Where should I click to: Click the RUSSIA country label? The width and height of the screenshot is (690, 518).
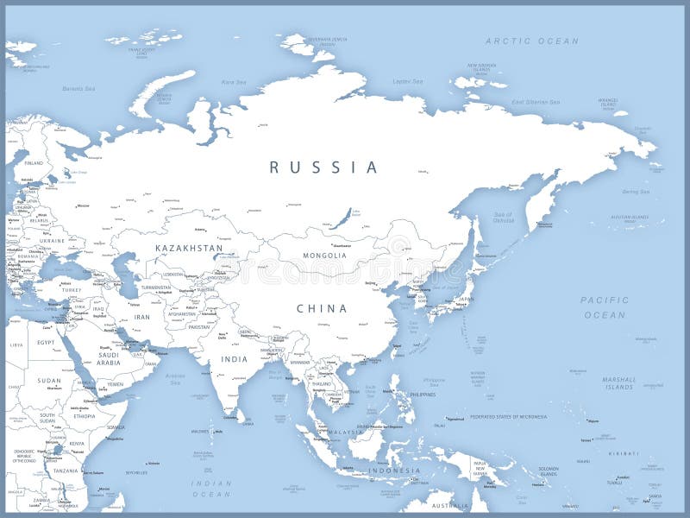323,167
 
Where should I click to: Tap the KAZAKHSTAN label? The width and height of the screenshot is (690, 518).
189,248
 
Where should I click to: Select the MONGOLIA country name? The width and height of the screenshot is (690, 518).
324,256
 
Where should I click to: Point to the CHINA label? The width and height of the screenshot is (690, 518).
322,308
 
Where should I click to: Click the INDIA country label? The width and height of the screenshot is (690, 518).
234,359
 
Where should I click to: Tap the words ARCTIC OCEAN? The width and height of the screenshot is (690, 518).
532,41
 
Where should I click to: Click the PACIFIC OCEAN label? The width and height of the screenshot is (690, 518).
605,307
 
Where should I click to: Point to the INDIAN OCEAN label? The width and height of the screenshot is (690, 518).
211,489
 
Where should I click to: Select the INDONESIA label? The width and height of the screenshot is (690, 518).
394,471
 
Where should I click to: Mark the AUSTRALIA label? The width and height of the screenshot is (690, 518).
449,505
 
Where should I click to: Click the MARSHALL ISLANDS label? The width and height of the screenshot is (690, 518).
618,382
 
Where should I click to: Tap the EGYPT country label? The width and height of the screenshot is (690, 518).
46,343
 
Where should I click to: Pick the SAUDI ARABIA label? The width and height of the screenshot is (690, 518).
108,358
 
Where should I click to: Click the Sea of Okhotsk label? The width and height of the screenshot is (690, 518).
503,217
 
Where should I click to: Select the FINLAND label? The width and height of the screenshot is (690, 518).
34,162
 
